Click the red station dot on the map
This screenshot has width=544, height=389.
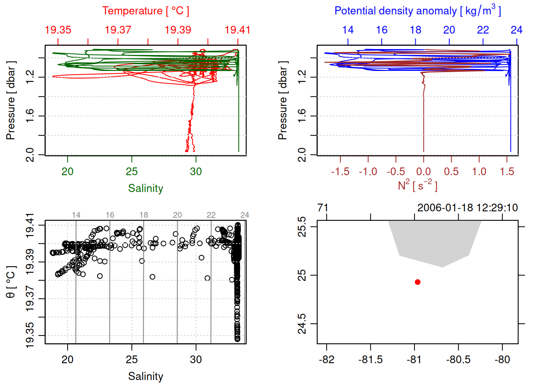click(x=417, y=282)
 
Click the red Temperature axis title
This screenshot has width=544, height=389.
click(x=145, y=11)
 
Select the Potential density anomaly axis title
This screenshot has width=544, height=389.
click(x=417, y=11)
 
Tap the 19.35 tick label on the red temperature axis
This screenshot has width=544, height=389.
click(x=58, y=30)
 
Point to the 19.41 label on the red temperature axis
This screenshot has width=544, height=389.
click(x=238, y=30)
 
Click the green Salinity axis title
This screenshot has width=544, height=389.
click(x=145, y=188)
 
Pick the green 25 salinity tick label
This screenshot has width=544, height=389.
click(x=132, y=172)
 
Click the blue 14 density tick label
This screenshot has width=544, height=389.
click(x=348, y=30)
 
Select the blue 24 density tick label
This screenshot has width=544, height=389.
click(x=516, y=30)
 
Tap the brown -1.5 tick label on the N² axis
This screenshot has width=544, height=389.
click(x=340, y=172)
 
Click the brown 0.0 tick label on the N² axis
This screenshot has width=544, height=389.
click(x=423, y=172)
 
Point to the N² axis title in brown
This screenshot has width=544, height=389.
click(x=417, y=185)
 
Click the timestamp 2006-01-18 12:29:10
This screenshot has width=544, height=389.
click(x=467, y=208)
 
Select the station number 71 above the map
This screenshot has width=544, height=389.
click(x=323, y=208)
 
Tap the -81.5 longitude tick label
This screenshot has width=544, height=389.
click(x=370, y=360)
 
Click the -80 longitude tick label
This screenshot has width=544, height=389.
click(x=502, y=360)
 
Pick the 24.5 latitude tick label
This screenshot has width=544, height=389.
click(x=302, y=324)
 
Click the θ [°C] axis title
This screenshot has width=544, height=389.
click(x=11, y=282)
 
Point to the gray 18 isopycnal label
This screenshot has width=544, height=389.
click(x=144, y=215)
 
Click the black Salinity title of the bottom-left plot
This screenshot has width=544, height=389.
click(x=145, y=376)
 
